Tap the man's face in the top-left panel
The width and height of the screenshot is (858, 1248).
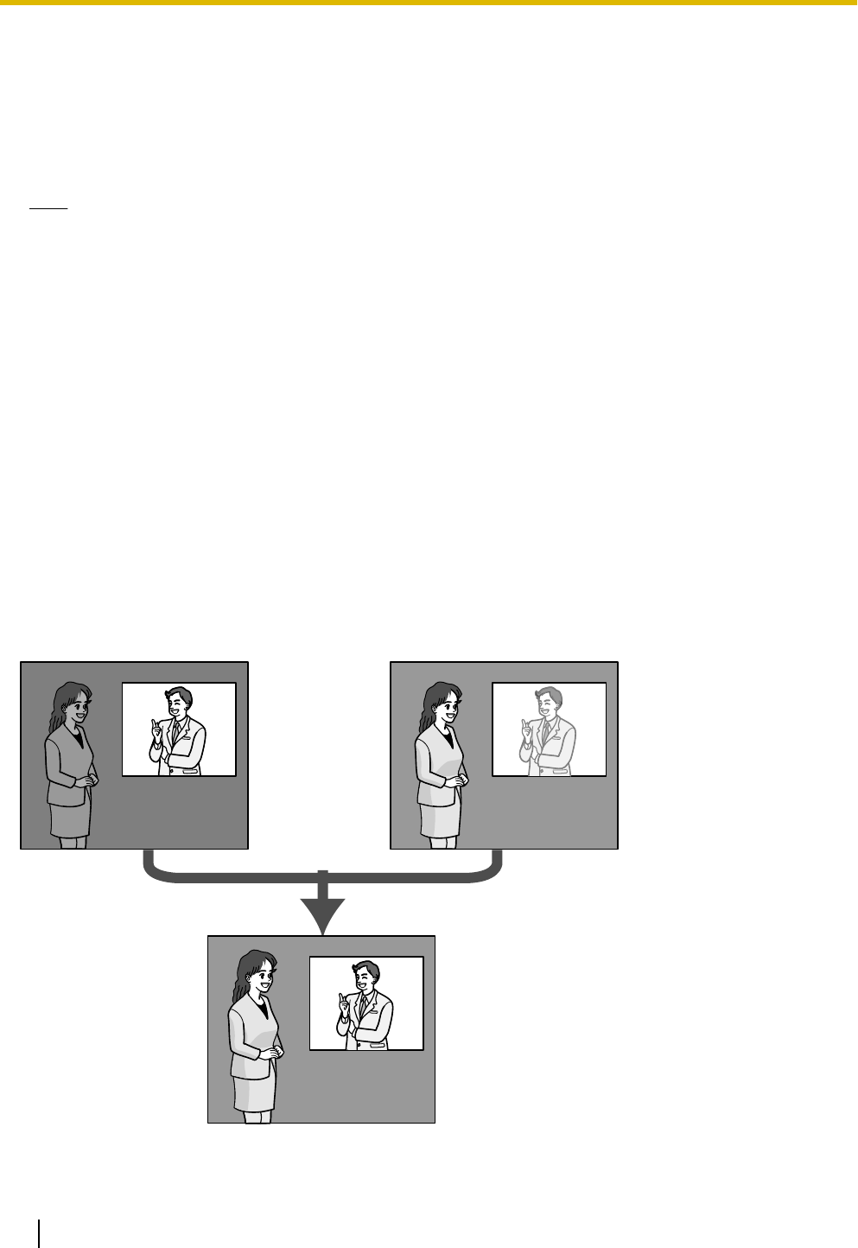point(179,705)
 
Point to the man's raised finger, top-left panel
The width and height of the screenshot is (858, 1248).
point(154,723)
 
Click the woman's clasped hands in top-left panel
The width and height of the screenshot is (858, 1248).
point(86,780)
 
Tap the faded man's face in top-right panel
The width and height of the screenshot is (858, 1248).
point(549,705)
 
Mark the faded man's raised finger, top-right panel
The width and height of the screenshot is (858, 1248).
point(524,723)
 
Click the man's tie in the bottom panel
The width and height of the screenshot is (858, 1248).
point(364,1007)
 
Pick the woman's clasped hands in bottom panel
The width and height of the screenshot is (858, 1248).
point(272,1054)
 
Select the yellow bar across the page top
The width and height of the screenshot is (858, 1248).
point(429,3)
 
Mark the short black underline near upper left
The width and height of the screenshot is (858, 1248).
point(48,209)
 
